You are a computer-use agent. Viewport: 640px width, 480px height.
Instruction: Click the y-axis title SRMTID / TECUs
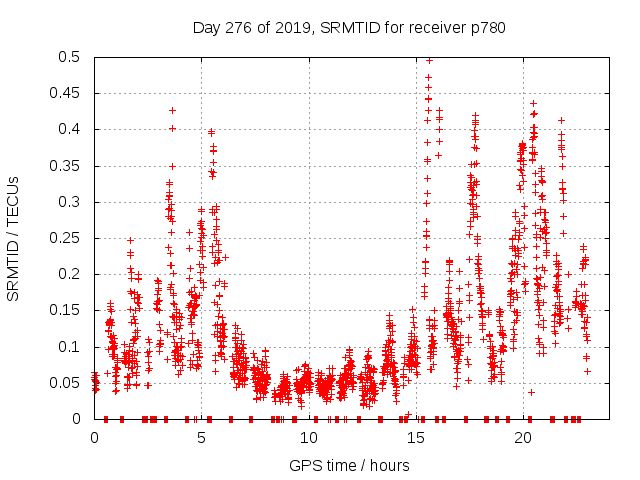13,238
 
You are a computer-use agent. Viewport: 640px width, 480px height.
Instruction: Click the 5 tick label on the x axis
201,438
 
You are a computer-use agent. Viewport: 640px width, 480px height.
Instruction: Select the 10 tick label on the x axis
308,438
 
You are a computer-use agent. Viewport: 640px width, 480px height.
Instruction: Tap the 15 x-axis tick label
415,438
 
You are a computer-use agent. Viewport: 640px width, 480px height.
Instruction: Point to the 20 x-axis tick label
522,438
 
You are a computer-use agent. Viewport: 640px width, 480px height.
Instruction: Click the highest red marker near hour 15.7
429,60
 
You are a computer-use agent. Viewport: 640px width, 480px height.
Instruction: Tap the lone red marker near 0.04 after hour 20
532,392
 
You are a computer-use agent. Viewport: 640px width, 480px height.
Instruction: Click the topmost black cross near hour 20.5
533,103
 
